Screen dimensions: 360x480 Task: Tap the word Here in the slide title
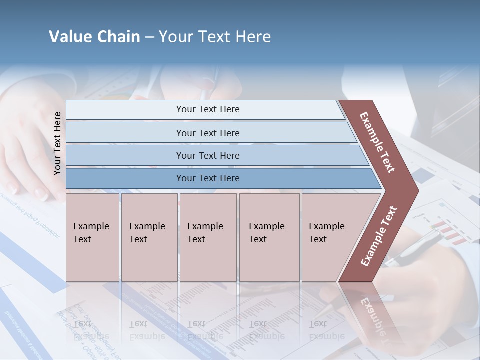[x=253, y=37]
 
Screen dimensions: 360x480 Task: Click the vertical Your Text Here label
[x=57, y=143]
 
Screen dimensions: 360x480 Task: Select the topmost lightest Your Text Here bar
[x=207, y=109]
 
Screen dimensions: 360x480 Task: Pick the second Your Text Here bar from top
[x=207, y=133]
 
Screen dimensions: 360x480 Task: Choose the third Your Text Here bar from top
[x=207, y=155]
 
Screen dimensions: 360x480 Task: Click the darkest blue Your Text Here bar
[x=207, y=178]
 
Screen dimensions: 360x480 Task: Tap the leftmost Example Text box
[x=92, y=237]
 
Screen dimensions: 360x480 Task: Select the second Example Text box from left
[x=149, y=237]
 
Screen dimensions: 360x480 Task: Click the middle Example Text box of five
[x=208, y=237]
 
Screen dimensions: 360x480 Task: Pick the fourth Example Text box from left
[x=269, y=237]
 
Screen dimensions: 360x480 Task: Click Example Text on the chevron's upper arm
[x=377, y=142]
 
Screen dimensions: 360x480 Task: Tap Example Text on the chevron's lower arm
[x=379, y=236]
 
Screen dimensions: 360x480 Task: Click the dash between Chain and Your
[x=149, y=37]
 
